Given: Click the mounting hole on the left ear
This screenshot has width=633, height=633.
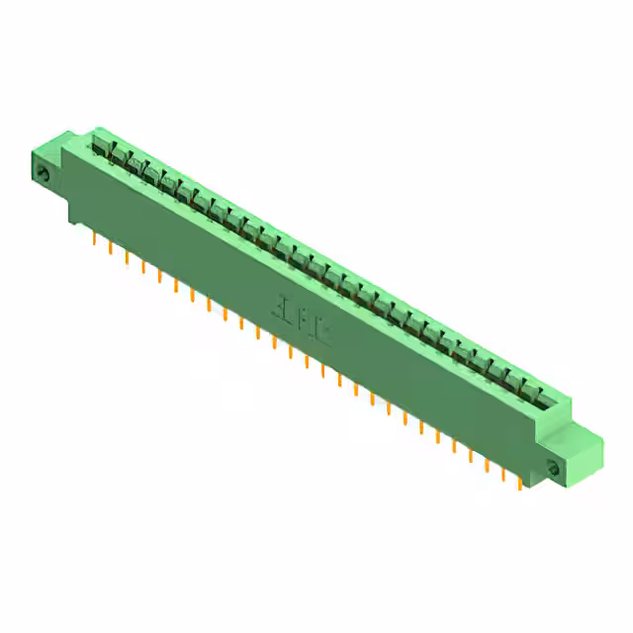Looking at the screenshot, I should tap(43, 174).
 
